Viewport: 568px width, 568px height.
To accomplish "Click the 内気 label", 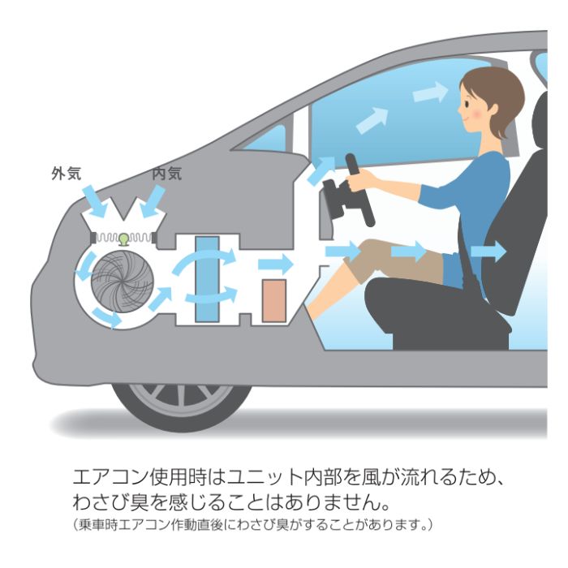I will [167, 173].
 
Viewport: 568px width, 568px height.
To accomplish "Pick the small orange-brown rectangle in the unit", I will [274, 300].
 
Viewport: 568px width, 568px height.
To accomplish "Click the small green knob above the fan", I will [124, 238].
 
